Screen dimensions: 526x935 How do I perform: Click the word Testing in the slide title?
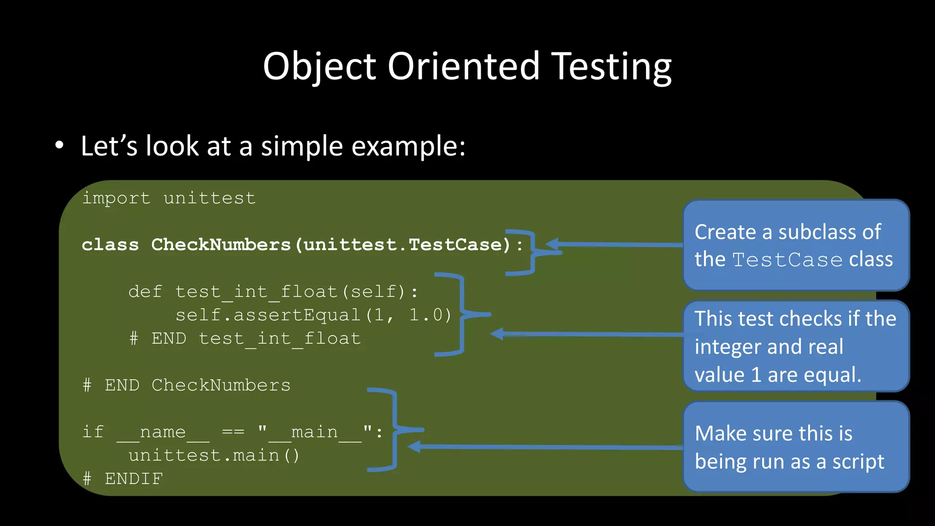pos(611,67)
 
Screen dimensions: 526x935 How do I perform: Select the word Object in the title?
pos(320,67)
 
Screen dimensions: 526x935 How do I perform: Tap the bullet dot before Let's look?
pos(59,146)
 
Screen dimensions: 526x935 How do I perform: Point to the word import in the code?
pos(116,199)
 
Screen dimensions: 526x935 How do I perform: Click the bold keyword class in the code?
pos(110,245)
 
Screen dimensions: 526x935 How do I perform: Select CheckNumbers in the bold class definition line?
pos(221,245)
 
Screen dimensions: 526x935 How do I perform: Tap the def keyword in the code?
pos(145,292)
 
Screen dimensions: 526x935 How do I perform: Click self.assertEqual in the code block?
pos(268,315)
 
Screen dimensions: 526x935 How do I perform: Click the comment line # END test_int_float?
pos(245,339)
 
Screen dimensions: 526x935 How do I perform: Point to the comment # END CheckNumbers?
pos(186,385)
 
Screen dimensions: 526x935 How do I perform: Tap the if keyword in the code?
pos(93,432)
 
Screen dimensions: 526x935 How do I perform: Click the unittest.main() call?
pos(214,456)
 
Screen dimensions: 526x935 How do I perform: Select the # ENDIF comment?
pos(123,479)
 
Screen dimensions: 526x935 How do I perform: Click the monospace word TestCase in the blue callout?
pos(787,260)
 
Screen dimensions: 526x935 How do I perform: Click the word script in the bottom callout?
pos(858,462)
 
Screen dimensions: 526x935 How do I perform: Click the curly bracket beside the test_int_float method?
pos(462,315)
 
